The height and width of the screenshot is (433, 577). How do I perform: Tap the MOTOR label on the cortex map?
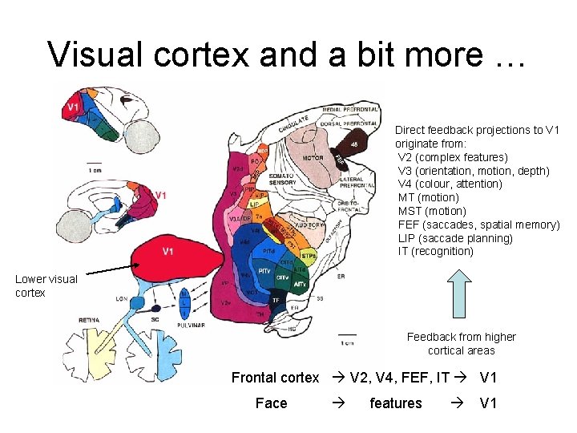(x=313, y=158)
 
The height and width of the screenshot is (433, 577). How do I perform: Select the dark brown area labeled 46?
(x=353, y=144)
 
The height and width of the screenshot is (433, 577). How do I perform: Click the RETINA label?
(x=89, y=320)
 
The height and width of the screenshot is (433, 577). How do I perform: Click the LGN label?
(x=122, y=298)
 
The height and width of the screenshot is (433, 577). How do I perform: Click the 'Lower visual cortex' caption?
(x=46, y=285)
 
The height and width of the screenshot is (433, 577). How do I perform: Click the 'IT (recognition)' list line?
(x=436, y=252)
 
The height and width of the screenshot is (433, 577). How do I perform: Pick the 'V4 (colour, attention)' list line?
(x=450, y=184)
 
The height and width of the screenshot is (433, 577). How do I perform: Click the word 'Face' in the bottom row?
(x=271, y=403)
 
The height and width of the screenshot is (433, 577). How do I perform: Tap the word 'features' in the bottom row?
(x=395, y=403)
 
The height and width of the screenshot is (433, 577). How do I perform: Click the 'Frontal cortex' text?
(x=276, y=378)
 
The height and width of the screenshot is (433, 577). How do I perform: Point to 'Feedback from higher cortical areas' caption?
(x=462, y=343)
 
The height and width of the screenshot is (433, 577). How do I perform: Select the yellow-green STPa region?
(x=309, y=256)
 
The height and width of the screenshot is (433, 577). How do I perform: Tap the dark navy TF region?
(x=276, y=300)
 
